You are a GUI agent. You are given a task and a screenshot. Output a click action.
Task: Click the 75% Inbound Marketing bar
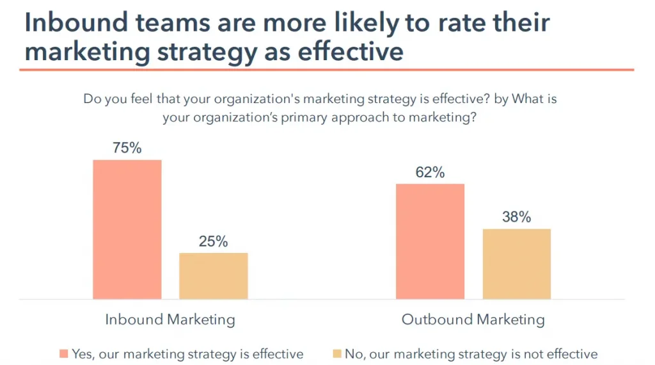127,229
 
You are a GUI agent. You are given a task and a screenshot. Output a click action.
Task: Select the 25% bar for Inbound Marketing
213,276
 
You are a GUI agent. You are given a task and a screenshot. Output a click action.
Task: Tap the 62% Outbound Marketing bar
430,241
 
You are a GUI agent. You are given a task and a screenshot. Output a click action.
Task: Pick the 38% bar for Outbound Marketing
516,264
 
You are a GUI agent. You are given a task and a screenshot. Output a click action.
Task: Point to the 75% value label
127,148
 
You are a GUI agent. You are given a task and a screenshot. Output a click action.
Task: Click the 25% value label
213,241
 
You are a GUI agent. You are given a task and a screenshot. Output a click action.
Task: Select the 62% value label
430,173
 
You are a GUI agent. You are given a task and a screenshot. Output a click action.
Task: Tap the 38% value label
516,217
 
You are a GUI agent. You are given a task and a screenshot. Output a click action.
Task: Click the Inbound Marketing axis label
170,320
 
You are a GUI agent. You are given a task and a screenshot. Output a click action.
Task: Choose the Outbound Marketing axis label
473,320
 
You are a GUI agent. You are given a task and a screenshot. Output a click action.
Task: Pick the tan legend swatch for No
336,354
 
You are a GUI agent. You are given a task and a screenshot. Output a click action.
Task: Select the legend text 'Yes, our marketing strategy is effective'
187,354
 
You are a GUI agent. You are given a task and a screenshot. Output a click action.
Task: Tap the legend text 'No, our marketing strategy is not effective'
471,354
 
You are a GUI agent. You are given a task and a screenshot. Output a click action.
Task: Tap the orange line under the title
326,69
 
